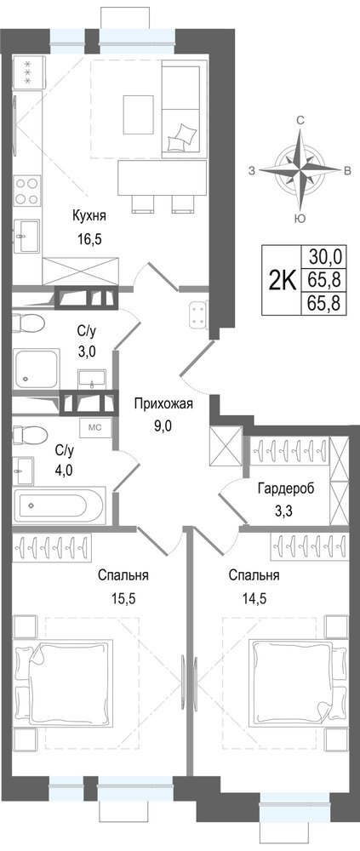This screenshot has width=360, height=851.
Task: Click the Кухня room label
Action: pyautogui.click(x=89, y=216)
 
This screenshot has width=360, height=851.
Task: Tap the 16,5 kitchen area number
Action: pyautogui.click(x=90, y=237)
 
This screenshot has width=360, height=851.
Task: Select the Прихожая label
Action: pyautogui.click(x=163, y=403)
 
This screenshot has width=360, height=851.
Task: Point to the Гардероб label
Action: pyautogui.click(x=286, y=488)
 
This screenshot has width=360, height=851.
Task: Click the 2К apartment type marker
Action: pyautogui.click(x=282, y=280)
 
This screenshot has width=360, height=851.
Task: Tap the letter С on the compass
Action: pyautogui.click(x=300, y=121)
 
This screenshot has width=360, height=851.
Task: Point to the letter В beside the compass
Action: pyautogui.click(x=346, y=171)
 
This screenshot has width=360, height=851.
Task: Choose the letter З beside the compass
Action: pyautogui.click(x=251, y=171)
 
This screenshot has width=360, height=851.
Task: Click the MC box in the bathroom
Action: pyautogui.click(x=95, y=426)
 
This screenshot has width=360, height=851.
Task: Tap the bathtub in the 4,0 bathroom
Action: pyautogui.click(x=60, y=505)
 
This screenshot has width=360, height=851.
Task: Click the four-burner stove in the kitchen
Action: pyautogui.click(x=27, y=191)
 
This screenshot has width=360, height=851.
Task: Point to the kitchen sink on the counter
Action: pyautogui.click(x=26, y=236)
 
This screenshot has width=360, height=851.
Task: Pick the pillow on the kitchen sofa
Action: pyautogui.click(x=180, y=136)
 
